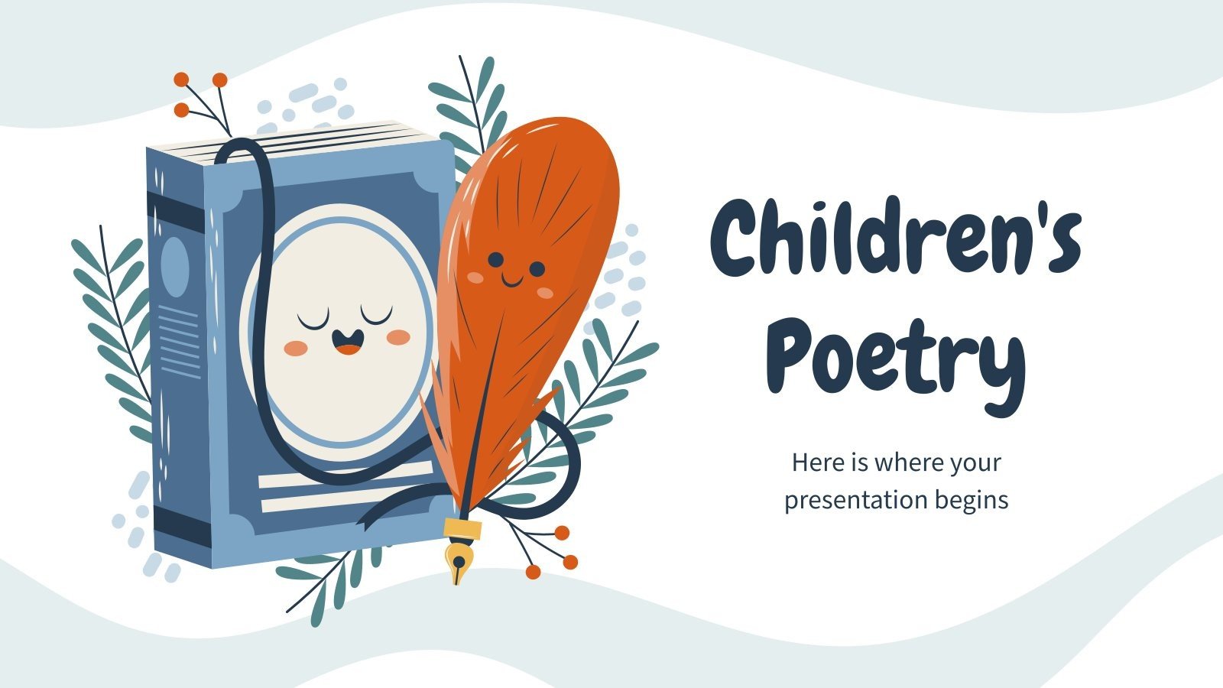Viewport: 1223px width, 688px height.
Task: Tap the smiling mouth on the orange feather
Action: tap(512, 281)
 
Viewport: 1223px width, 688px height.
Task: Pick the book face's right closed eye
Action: tap(376, 315)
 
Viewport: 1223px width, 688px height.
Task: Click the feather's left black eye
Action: tap(495, 259)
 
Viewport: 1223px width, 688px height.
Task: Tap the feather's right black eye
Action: tap(537, 269)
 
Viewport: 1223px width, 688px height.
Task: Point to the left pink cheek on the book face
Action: tap(296, 349)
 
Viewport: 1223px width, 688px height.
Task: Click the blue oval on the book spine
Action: tap(175, 267)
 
